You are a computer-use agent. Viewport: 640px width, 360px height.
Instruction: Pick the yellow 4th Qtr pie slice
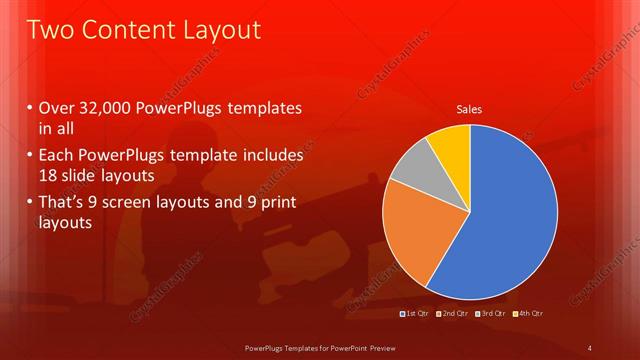coord(451,144)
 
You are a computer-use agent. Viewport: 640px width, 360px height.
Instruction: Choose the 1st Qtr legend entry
coord(413,315)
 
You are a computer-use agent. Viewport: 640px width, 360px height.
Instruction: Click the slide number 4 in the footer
coord(590,347)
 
